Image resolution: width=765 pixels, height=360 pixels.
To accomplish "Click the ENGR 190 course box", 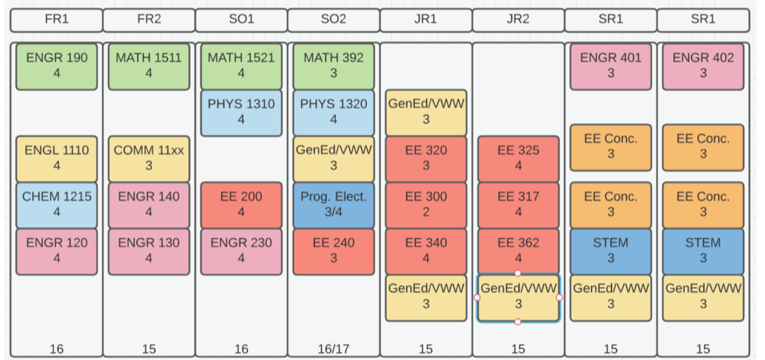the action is (x=57, y=66).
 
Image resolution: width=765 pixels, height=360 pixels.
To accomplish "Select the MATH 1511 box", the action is (x=149, y=66).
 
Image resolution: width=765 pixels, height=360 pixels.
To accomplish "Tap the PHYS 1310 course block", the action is (x=241, y=113).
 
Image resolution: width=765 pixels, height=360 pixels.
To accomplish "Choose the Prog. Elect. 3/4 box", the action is (x=333, y=205).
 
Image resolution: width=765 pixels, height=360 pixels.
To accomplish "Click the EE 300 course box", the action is (x=426, y=205).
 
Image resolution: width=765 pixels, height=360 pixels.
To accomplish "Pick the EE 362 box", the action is (x=518, y=251).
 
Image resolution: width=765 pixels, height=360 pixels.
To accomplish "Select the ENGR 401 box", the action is (x=611, y=66).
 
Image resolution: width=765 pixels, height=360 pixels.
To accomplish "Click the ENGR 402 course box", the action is (x=703, y=66).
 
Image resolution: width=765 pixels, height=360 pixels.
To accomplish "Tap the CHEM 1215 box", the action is (x=57, y=205).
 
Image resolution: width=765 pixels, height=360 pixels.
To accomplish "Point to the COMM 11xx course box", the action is (x=149, y=159).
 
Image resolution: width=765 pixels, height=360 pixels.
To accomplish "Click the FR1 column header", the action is (x=57, y=20).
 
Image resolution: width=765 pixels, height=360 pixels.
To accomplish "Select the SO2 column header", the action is (x=333, y=20).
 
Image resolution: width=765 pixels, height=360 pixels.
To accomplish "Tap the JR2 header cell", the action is (x=518, y=20).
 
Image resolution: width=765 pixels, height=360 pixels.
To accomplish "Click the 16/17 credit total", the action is (x=333, y=349).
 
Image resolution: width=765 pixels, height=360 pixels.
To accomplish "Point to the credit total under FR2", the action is (x=149, y=349).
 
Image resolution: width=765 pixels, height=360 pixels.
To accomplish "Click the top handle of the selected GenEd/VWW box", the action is (x=518, y=273).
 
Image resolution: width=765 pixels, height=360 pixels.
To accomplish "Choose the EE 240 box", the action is (x=333, y=251).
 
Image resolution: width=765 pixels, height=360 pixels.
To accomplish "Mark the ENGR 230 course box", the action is (x=241, y=251).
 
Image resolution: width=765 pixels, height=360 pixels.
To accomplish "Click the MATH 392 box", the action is (x=333, y=66).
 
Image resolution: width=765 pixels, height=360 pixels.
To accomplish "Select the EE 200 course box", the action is (x=241, y=205).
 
